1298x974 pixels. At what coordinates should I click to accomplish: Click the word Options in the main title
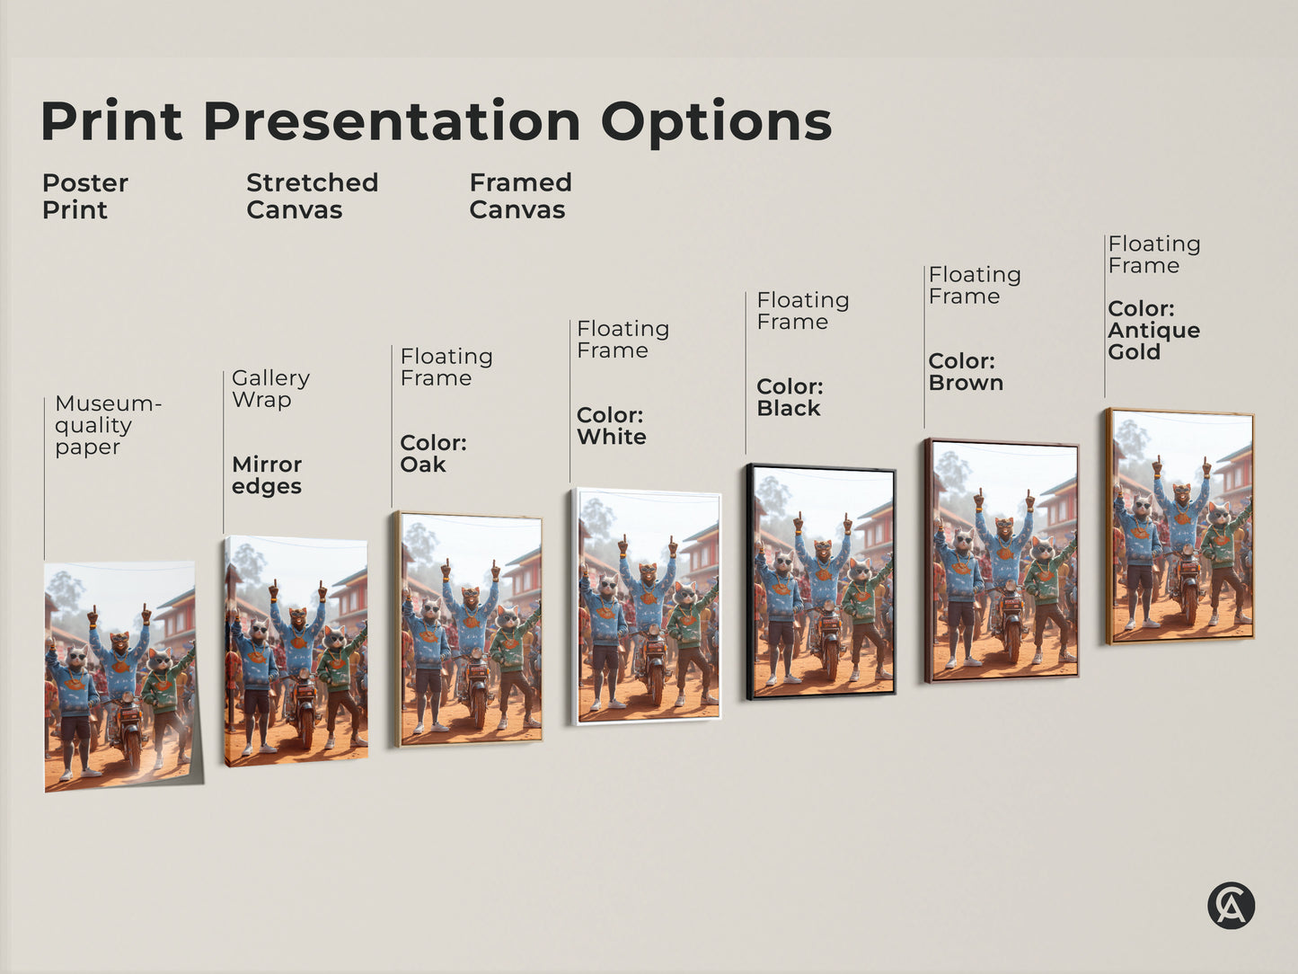(716, 123)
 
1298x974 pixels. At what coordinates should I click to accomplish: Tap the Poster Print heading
(84, 196)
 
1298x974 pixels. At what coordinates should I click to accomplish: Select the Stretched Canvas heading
(312, 196)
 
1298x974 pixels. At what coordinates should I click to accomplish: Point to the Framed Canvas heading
(520, 196)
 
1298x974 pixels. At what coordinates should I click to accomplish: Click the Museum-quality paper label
(107, 425)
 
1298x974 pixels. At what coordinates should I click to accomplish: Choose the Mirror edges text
(267, 475)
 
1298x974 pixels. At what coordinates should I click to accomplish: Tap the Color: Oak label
(433, 454)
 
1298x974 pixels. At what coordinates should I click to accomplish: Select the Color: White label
(611, 426)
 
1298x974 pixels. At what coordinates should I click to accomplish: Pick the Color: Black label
(790, 397)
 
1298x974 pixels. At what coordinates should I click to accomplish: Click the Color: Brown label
(966, 372)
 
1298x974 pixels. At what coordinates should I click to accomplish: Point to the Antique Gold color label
(1153, 331)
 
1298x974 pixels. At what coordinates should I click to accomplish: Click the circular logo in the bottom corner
(1231, 905)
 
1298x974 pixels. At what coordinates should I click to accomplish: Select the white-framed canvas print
(647, 606)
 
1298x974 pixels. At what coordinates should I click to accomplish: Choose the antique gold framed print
(1180, 527)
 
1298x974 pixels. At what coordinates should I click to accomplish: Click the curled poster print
(120, 676)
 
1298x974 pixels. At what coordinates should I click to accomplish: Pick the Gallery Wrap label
(270, 389)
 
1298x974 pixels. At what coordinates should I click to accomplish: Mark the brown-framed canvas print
(1002, 561)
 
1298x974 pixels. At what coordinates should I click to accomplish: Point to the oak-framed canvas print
(469, 629)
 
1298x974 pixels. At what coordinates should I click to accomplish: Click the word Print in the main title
(111, 121)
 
